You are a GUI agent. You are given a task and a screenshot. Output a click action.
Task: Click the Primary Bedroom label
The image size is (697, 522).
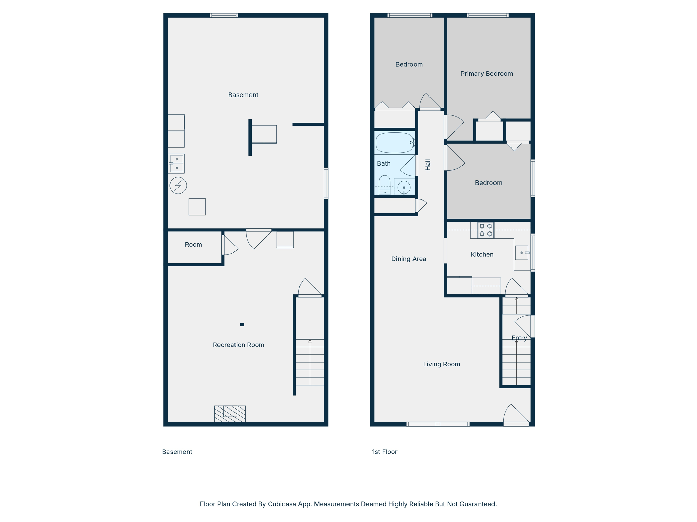[486, 74]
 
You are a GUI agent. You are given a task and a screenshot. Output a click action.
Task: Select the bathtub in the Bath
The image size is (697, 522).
[394, 143]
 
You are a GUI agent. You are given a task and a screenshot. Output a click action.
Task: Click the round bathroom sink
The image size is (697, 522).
[404, 187]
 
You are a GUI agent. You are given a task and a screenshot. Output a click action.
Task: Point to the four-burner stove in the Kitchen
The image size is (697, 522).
[486, 230]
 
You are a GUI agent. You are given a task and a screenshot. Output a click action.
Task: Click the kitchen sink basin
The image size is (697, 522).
[521, 253]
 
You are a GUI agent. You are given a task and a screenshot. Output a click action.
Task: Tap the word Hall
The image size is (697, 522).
[428, 165]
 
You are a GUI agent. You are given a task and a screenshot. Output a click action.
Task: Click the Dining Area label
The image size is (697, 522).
[408, 259]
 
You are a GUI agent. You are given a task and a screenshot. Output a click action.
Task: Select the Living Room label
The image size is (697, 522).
[441, 364]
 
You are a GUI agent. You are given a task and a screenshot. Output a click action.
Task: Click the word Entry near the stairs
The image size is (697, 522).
[519, 338]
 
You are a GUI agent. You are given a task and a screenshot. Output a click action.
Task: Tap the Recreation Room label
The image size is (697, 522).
[238, 345]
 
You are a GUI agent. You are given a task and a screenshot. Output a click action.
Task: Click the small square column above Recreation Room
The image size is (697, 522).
[242, 325]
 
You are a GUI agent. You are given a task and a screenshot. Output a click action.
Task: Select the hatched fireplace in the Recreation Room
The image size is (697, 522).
[230, 414]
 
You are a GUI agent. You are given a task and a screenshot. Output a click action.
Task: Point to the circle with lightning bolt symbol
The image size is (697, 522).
[178, 186]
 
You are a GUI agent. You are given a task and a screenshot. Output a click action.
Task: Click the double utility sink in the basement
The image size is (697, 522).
[177, 163]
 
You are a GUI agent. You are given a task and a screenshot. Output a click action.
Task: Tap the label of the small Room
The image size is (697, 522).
[193, 245]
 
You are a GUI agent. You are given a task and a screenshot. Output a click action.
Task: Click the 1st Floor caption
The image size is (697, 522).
[385, 452]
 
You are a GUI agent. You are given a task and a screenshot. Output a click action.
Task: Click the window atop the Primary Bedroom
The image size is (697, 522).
[487, 15]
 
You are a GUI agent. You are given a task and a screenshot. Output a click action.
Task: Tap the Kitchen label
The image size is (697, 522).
[482, 254]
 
